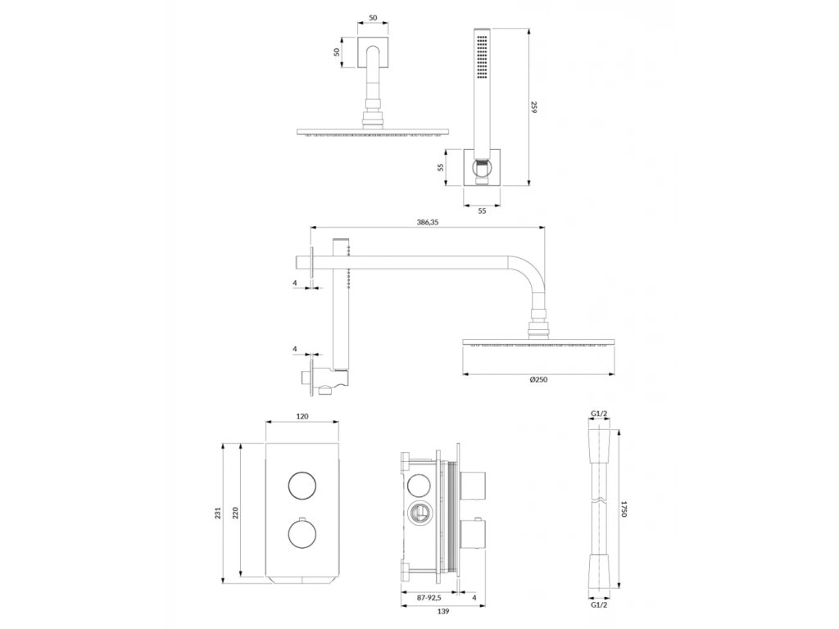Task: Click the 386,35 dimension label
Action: point(428,222)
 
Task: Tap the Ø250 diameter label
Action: point(538,379)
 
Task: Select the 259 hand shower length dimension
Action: point(534,106)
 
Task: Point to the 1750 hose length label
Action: point(624,508)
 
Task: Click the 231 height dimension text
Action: point(218,513)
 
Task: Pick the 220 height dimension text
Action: point(236,513)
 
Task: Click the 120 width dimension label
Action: point(302,417)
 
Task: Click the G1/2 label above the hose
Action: point(599,414)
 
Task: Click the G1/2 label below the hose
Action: point(599,607)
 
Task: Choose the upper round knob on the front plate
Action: point(302,486)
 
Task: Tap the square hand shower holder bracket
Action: point(481,167)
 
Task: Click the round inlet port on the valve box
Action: point(418,514)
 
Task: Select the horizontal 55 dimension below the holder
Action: point(482,210)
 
